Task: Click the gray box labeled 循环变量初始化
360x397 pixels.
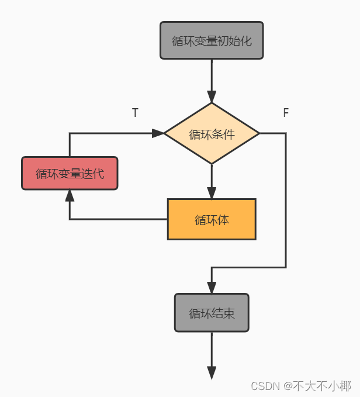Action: pyautogui.click(x=212, y=40)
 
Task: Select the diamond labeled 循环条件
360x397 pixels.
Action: pyautogui.click(x=212, y=134)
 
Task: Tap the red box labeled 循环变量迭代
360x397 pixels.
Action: pyautogui.click(x=70, y=173)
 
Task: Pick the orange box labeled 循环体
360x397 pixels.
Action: pyautogui.click(x=212, y=219)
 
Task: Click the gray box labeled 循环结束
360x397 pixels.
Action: pyautogui.click(x=212, y=313)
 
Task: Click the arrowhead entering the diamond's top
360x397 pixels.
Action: pyautogui.click(x=212, y=96)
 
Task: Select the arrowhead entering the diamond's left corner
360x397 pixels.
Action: pyautogui.click(x=158, y=133)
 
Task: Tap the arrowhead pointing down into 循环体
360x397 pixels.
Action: pyautogui.click(x=212, y=192)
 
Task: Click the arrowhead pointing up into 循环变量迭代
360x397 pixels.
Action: pyautogui.click(x=70, y=196)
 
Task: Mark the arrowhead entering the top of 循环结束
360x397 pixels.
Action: pyautogui.click(x=212, y=287)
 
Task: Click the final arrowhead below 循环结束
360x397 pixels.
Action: pyautogui.click(x=212, y=372)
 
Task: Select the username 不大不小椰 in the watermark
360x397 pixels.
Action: pyautogui.click(x=322, y=386)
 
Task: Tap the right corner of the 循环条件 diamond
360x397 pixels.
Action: pyautogui.click(x=258, y=133)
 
